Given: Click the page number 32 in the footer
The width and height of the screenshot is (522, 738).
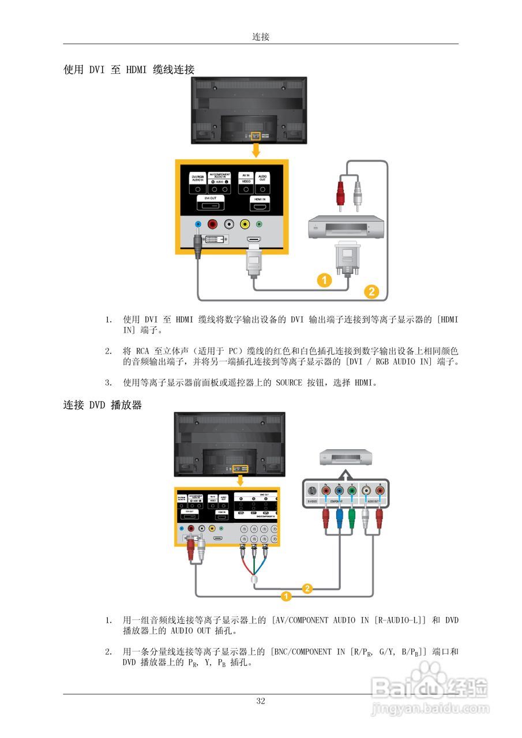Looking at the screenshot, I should point(261,701).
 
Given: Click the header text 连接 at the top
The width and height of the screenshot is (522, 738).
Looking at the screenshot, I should point(261,37).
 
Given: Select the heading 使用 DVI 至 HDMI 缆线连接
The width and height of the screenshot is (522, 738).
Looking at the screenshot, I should point(129,70).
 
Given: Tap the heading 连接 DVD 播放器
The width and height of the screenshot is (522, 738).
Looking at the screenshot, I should point(102,405).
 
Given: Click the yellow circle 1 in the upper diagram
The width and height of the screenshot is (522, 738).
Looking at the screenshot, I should point(324,280).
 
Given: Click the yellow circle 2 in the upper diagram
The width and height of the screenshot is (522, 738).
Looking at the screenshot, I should point(371,292).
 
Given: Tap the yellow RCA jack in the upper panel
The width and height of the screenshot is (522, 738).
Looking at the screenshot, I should point(245,225).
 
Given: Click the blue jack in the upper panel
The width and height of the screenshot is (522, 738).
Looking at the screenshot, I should point(198,225).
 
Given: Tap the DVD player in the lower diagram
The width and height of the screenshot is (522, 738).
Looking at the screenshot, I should point(346,458).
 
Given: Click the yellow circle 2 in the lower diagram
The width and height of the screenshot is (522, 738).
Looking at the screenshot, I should point(307,589).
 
